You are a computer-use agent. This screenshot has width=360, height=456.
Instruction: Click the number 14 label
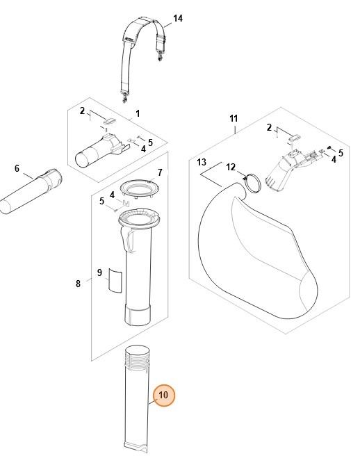(177, 18)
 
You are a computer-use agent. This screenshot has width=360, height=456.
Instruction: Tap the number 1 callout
(138, 113)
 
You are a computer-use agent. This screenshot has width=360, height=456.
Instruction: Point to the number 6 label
(17, 168)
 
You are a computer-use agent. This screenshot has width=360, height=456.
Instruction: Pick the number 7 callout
(159, 172)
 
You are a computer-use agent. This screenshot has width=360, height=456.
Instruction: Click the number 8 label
(78, 283)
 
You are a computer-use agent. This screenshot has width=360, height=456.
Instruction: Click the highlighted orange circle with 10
(164, 396)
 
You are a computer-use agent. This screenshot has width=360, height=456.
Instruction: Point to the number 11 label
(234, 119)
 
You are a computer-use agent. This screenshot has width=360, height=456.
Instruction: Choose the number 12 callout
(231, 167)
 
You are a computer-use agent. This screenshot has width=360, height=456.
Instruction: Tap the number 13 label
(202, 162)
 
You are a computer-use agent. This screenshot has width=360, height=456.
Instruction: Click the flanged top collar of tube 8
(138, 222)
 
